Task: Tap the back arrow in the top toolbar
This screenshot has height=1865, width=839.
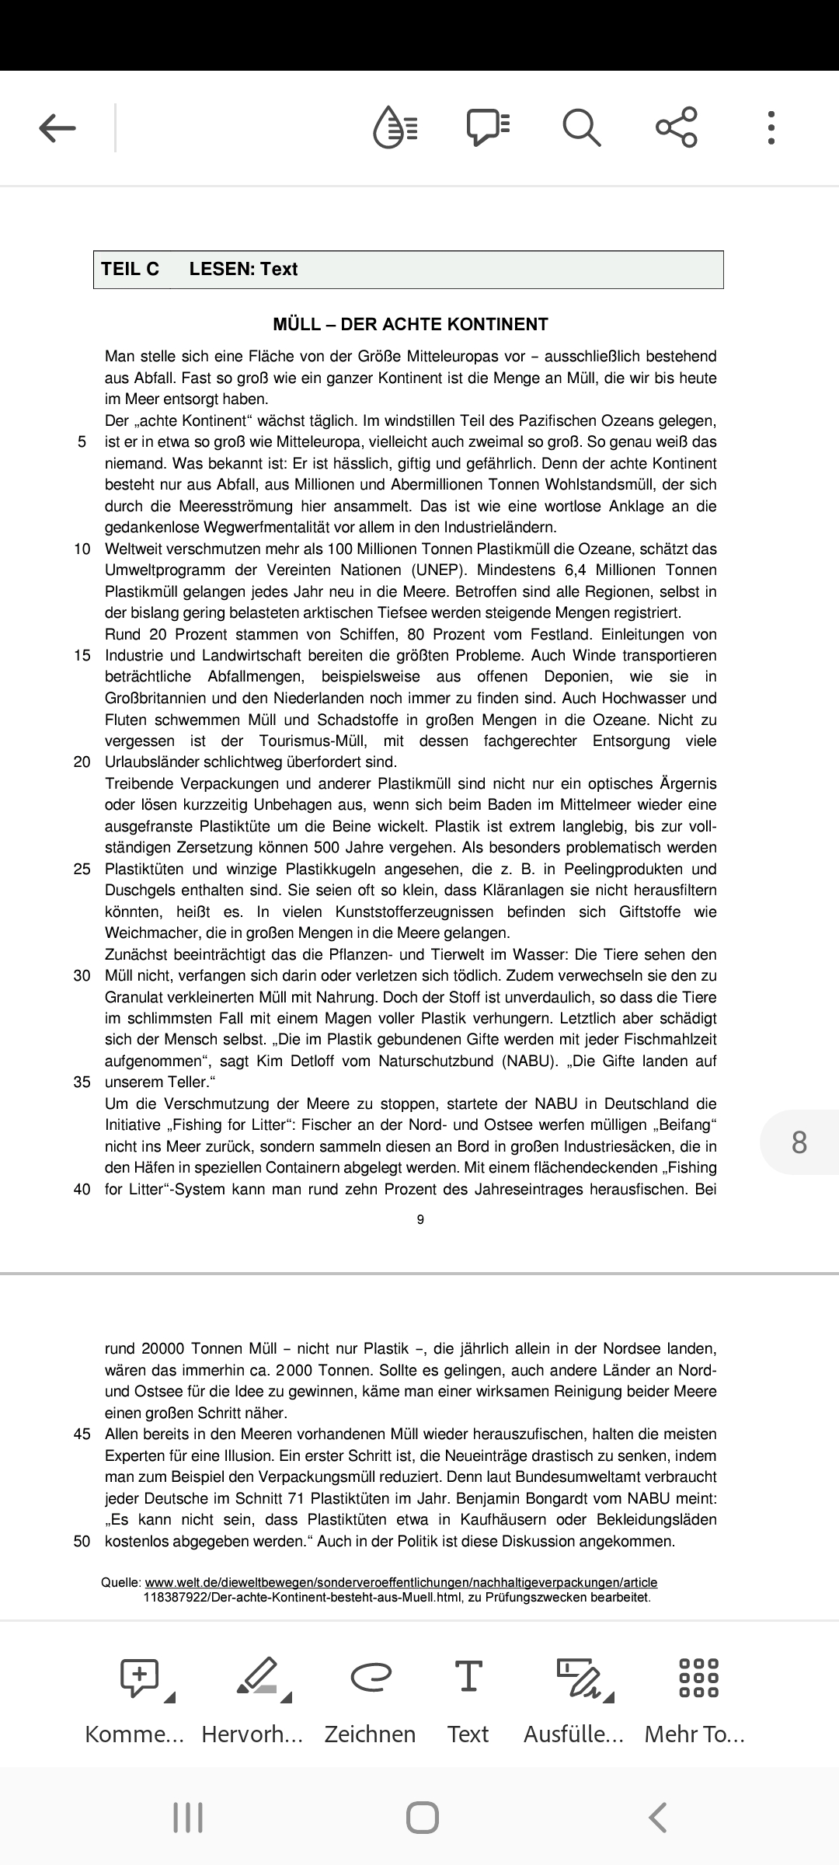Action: point(57,128)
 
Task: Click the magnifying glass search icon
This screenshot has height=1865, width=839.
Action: point(581,127)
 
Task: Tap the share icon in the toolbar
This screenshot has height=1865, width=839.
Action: point(677,127)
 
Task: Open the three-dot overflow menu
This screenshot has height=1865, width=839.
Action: point(771,127)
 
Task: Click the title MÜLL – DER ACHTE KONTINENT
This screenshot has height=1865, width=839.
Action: point(410,324)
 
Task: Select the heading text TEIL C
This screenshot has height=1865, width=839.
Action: point(130,269)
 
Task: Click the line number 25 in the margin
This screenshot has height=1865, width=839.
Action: point(82,869)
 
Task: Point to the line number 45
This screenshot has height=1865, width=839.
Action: point(82,1434)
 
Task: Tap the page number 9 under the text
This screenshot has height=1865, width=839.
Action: point(420,1219)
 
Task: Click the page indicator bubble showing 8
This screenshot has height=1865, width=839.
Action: point(799,1142)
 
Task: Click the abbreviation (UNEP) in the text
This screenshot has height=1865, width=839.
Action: point(429,570)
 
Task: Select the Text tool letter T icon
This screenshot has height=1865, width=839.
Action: point(468,1675)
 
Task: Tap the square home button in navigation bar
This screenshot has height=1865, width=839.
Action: point(422,1818)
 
